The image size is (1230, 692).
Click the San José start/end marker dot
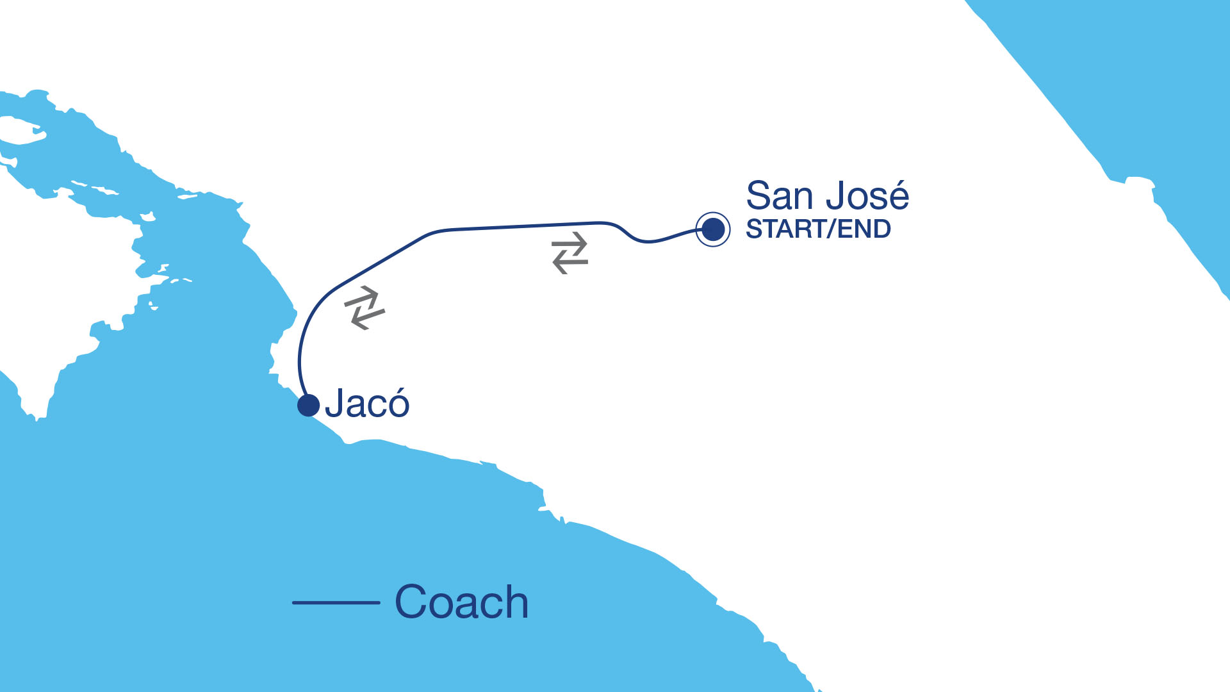click(x=713, y=229)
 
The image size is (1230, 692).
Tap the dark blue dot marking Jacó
click(x=308, y=405)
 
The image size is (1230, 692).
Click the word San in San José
click(x=780, y=196)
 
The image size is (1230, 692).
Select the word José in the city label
click(x=867, y=196)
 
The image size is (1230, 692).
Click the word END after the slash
click(x=864, y=229)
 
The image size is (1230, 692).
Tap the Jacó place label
click(x=367, y=404)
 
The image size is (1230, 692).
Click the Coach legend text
click(x=461, y=602)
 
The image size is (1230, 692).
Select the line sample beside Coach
click(x=336, y=602)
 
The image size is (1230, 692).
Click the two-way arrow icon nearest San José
click(x=570, y=253)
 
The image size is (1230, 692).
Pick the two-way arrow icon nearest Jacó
click(x=365, y=308)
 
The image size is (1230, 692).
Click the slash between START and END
click(x=832, y=229)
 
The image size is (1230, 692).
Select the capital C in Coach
click(x=414, y=602)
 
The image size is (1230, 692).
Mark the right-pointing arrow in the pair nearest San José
click(x=571, y=243)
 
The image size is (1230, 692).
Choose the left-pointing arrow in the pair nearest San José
click(x=569, y=263)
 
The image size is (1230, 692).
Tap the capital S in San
click(x=760, y=196)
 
